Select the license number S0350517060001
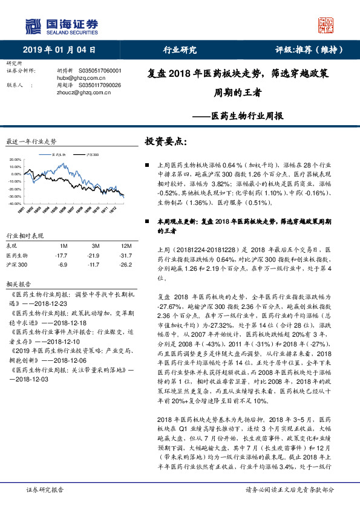100,70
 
